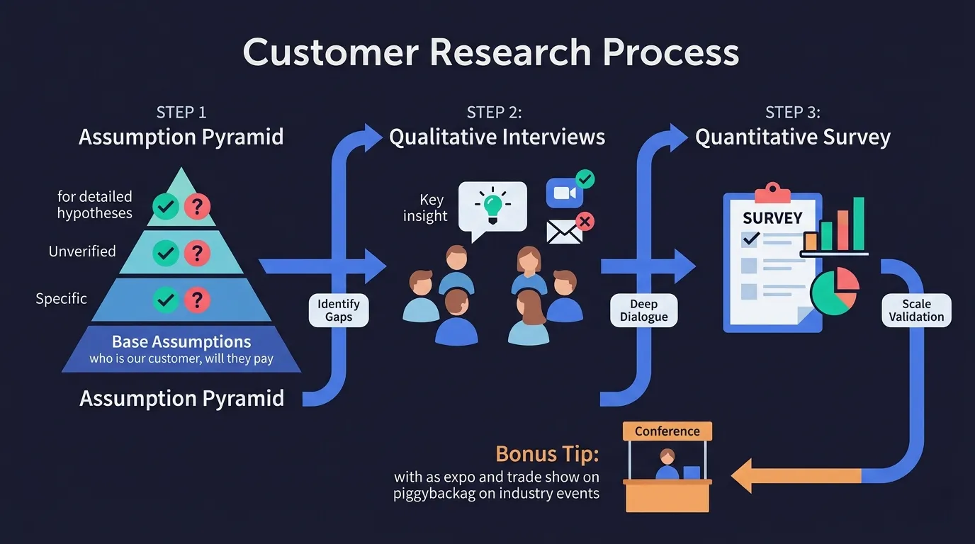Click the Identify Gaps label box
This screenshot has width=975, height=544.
tap(339, 310)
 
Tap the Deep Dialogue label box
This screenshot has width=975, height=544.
tap(643, 310)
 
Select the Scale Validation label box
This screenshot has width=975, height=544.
tap(916, 310)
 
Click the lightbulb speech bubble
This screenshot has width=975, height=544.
tap(492, 206)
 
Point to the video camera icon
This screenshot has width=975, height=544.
tap(564, 193)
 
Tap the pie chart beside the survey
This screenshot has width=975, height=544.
tap(835, 291)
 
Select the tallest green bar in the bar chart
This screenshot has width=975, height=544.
tap(858, 223)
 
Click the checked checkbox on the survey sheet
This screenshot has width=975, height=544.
tap(749, 239)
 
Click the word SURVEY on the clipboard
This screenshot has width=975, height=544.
tap(772, 218)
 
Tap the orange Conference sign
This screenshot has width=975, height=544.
tap(667, 431)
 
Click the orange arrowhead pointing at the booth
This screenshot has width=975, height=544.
tap(744, 475)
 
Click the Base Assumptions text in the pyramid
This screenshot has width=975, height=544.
tap(181, 341)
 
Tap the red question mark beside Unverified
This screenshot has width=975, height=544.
tap(197, 253)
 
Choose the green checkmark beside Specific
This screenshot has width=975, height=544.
tap(166, 300)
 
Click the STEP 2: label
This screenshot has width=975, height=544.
tap(494, 113)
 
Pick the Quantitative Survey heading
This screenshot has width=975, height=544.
tap(792, 137)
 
